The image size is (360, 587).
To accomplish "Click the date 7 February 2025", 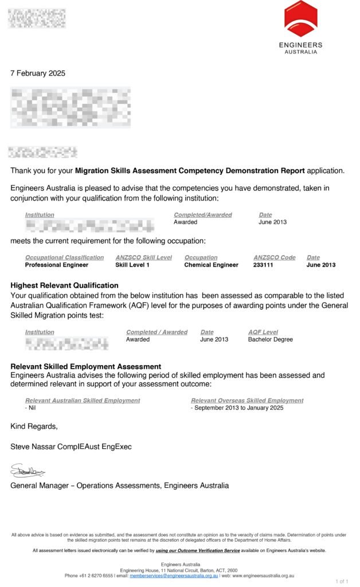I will pos(38,73).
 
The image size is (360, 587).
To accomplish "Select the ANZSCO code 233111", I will pos(267,265).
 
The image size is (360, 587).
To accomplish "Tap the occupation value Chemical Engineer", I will pos(211,265).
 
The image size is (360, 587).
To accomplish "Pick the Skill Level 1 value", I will pos(132,265).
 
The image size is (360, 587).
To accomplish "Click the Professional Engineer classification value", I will pos(57,265).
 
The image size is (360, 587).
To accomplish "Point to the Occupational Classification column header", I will pos(65,257).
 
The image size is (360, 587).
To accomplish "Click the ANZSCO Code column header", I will pos(274,257).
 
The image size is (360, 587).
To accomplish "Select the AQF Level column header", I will pos(263,332).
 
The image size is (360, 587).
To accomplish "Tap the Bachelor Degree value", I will pos(270,339).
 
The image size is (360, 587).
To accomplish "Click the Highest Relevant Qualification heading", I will pos(64,285).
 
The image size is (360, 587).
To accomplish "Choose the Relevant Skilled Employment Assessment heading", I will pos(85,366).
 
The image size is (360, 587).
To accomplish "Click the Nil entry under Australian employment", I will pos(30,408).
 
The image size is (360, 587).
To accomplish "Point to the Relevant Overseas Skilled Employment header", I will pos(247,401).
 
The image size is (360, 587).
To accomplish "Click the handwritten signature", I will pos(28,472).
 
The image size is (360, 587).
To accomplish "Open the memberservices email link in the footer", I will pos(174,576).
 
